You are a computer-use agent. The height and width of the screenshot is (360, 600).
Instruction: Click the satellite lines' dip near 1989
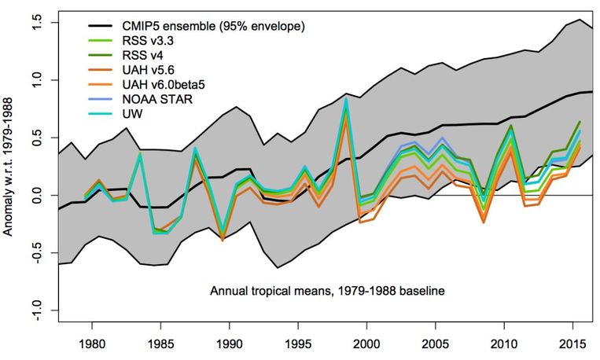[223, 237]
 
